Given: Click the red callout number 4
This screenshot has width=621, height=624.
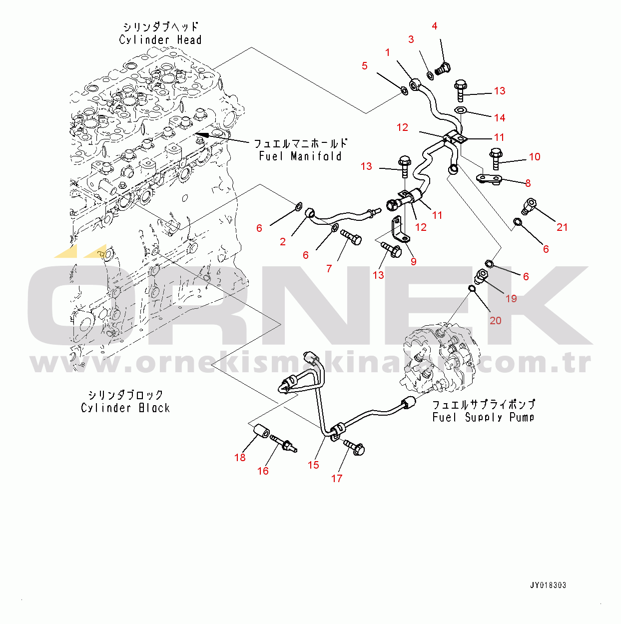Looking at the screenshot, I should [x=435, y=26].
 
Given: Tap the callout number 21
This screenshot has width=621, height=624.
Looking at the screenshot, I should [x=562, y=227].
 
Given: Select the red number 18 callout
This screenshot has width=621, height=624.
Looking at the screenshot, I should [x=240, y=458].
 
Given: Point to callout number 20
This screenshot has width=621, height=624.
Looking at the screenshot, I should [x=495, y=320].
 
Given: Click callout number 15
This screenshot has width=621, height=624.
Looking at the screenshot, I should [x=313, y=465].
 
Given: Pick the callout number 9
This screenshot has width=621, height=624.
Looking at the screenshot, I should [x=413, y=261].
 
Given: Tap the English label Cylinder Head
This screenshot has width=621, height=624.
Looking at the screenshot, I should [x=160, y=40].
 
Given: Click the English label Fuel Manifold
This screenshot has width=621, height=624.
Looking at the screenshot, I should [x=300, y=156].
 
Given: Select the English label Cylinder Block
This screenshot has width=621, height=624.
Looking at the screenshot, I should [x=125, y=408].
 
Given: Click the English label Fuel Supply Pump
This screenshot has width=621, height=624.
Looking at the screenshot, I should [x=483, y=417].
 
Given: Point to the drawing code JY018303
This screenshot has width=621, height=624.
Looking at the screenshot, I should [x=548, y=586].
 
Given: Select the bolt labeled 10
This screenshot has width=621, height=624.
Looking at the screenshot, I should [x=496, y=158].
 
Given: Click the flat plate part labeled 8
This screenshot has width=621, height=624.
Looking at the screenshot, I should [x=490, y=178].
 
